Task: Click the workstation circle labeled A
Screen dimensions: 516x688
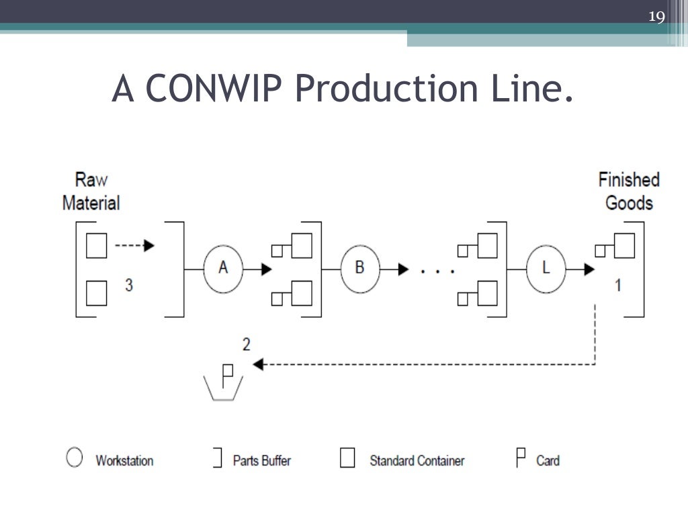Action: point(224,268)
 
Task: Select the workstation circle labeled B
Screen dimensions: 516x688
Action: point(360,268)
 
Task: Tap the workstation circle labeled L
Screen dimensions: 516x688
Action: point(546,268)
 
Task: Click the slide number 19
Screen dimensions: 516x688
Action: point(656,16)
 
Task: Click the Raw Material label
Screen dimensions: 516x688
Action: point(91,191)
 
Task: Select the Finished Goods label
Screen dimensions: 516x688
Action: point(629,191)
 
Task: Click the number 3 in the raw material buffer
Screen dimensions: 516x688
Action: point(128,285)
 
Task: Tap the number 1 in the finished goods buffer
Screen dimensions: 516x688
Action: point(618,285)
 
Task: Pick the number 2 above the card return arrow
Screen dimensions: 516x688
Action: point(247,345)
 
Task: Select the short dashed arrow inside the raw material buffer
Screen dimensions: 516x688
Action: point(134,246)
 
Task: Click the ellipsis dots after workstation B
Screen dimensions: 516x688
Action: point(437,271)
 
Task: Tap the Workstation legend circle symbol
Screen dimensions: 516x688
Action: point(75,458)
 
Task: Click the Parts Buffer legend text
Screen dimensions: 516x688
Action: point(261,461)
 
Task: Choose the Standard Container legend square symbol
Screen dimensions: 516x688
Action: point(347,458)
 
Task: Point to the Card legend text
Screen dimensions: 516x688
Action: point(548,461)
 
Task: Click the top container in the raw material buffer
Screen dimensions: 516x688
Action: point(97,246)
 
